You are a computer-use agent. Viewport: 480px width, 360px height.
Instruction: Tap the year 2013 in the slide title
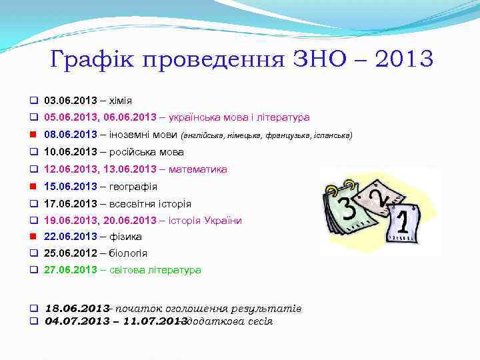pos(404,59)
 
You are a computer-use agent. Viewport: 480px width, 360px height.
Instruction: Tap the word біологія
pos(129,253)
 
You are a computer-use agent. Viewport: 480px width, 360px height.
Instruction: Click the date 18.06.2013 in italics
pos(76,309)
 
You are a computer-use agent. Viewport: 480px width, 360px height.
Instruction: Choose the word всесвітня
pos(132,204)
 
